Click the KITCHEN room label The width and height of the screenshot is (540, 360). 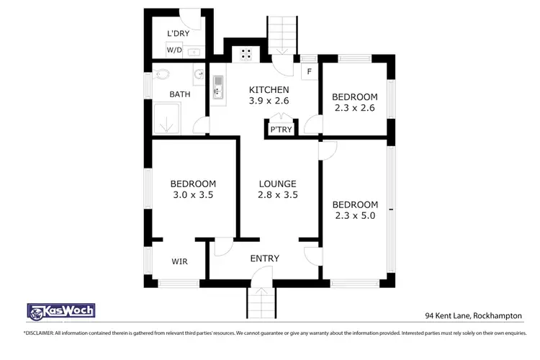pyautogui.click(x=269, y=89)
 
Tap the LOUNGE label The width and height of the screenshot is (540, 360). pyautogui.click(x=278, y=184)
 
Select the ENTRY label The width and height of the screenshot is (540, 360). pyautogui.click(x=264, y=258)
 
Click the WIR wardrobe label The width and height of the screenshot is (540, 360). pyautogui.click(x=179, y=261)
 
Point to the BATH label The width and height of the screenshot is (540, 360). pyautogui.click(x=179, y=94)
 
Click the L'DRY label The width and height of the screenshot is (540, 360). pyautogui.click(x=177, y=34)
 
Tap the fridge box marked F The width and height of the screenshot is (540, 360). pyautogui.click(x=309, y=71)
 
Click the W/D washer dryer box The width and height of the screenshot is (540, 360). pyautogui.click(x=174, y=50)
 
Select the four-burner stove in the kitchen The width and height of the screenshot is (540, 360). pyautogui.click(x=246, y=53)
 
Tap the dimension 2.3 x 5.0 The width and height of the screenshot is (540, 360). pyautogui.click(x=356, y=215)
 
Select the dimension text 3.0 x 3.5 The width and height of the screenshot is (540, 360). pyautogui.click(x=192, y=194)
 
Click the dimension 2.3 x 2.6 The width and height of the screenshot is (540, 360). pyautogui.click(x=354, y=109)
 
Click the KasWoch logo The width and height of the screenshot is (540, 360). pyautogui.click(x=60, y=311)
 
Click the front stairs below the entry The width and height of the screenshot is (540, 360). pyautogui.click(x=261, y=298)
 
